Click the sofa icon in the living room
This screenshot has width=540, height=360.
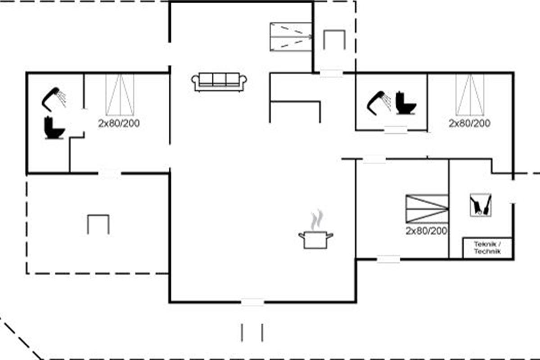[x=219, y=82]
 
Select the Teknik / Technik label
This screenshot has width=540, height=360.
[x=487, y=248]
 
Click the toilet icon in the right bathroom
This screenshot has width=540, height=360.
[x=406, y=103]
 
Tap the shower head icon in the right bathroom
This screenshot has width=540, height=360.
[x=379, y=103]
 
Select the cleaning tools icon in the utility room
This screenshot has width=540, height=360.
[x=481, y=205]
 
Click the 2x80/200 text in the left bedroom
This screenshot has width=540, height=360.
[x=119, y=123]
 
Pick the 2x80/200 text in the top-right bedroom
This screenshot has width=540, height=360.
[x=470, y=123]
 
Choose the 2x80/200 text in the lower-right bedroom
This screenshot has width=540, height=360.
[x=427, y=231]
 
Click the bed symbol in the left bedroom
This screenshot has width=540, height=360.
[x=120, y=94]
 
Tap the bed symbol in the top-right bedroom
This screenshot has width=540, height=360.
[x=470, y=94]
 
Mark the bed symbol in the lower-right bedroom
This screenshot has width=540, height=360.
[x=427, y=209]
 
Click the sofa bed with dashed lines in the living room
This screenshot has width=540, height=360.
[x=291, y=37]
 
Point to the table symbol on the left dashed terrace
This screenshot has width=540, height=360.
[x=98, y=224]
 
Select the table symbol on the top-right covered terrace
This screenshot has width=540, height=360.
[x=334, y=40]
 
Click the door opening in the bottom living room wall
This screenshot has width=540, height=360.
[x=252, y=302]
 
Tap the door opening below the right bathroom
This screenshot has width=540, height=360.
[x=396, y=130]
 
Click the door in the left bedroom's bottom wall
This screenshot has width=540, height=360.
[x=110, y=173]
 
